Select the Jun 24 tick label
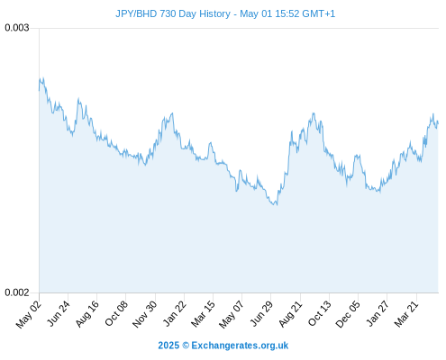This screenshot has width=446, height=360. tap(59, 313)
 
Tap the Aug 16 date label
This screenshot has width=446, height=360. tap(87, 314)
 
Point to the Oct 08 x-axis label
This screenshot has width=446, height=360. tap(116, 313)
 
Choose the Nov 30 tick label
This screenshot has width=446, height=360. tap(145, 314)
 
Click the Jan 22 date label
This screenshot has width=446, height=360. tap(175, 313)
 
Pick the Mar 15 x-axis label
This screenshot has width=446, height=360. tap(203, 314)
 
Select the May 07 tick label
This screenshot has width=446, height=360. tap(232, 314)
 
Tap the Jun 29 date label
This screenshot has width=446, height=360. tap(261, 313)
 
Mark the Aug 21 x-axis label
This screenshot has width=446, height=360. tap(290, 314)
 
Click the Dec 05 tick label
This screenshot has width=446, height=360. tap(348, 314)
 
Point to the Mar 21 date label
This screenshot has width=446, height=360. tap(406, 314)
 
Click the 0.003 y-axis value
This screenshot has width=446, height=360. tap(17, 28)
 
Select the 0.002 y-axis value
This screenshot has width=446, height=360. tap(17, 292)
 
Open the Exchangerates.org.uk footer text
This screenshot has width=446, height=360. tap(240, 346)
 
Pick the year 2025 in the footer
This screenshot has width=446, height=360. tap(168, 346)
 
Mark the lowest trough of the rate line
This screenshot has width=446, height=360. tap(277, 205)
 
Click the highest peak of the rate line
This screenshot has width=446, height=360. tap(43, 78)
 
